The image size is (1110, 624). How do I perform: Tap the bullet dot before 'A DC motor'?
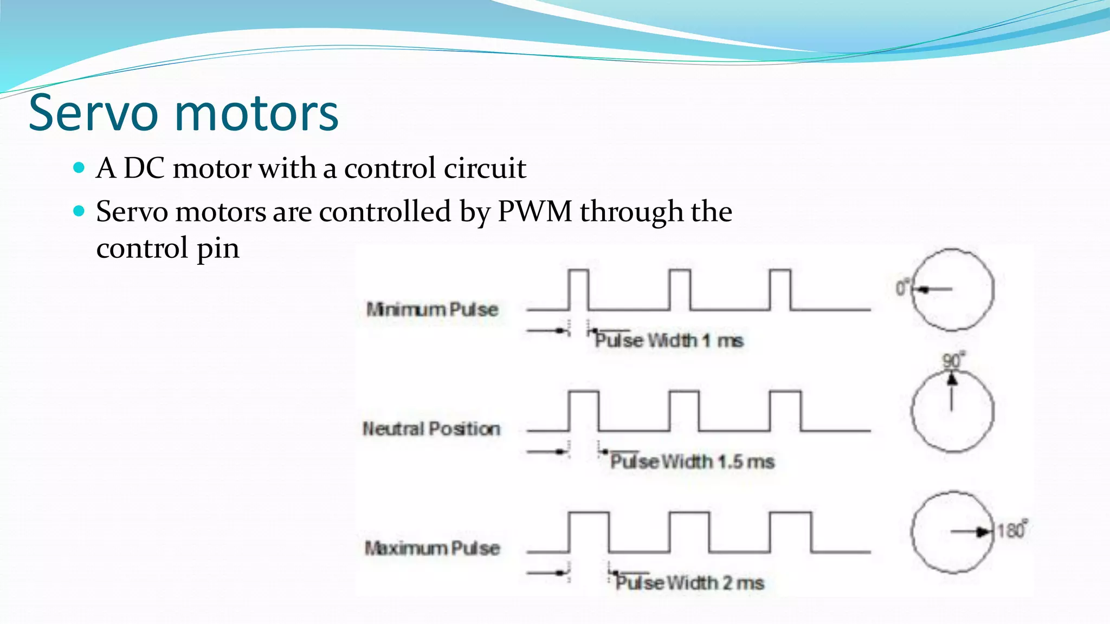coord(79,168)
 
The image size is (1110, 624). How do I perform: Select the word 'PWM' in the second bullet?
coord(534,211)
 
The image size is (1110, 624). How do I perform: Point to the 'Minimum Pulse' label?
coord(432,309)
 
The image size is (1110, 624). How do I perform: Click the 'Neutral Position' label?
coord(431,429)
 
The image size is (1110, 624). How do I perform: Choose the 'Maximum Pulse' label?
coord(432,548)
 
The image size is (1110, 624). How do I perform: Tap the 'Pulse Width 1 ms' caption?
coord(669,341)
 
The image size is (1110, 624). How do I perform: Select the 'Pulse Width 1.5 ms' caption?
coord(692,461)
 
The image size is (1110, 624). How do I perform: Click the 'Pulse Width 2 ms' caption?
coord(689,583)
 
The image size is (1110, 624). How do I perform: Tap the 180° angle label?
coord(1011,530)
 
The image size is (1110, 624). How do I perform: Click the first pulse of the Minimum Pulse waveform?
coord(578,290)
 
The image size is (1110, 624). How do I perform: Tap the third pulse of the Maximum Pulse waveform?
coord(791,532)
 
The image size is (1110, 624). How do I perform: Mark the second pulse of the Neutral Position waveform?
coord(685,411)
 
